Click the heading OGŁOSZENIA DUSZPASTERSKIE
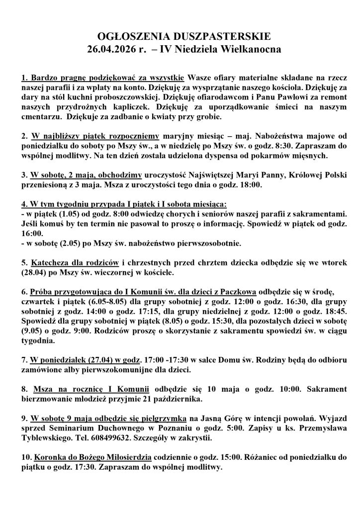pyautogui.click(x=180, y=37)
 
